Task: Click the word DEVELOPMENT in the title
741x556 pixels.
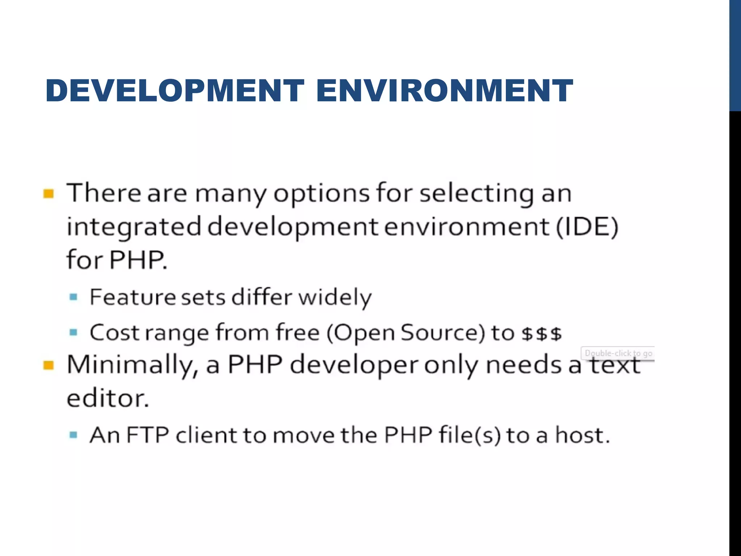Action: (175, 90)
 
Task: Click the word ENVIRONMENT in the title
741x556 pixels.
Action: (444, 90)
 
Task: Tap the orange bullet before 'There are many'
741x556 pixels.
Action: (48, 194)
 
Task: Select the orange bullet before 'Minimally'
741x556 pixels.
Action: (48, 365)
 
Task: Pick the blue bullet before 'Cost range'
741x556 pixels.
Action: (73, 332)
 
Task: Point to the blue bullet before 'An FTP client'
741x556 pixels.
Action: (73, 435)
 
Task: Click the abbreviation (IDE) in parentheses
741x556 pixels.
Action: (587, 227)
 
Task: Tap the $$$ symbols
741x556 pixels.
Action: (542, 333)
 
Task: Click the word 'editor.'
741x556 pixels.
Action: (108, 399)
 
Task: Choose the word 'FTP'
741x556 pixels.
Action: (148, 435)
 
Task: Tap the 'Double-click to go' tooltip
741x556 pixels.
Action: (618, 353)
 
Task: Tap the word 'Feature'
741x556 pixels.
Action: (133, 297)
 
